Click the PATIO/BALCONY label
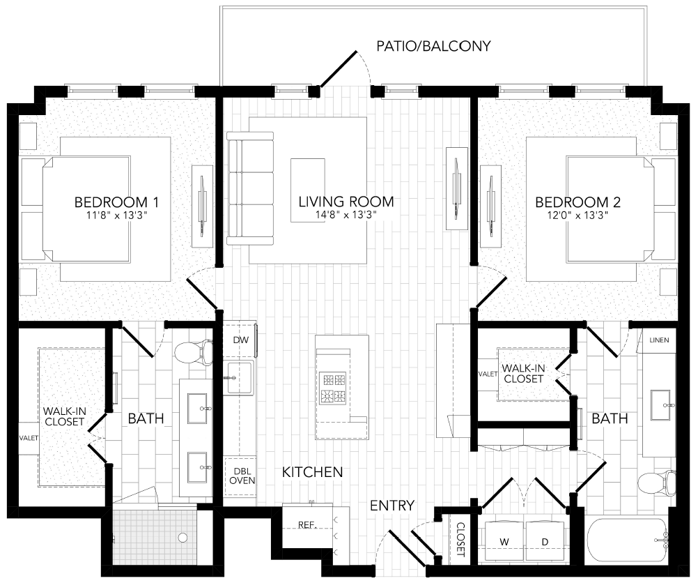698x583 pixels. [433, 47]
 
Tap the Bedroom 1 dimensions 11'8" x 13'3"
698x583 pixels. [117, 215]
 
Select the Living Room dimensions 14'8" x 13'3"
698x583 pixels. [346, 215]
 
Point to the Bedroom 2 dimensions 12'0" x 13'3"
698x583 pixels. [577, 215]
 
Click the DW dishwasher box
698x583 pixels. [240, 340]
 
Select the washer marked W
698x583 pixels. [504, 541]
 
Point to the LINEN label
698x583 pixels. [658, 340]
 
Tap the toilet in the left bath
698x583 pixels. [194, 351]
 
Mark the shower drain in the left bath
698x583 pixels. [183, 538]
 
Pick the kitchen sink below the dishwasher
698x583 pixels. [240, 378]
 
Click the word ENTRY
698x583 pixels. [392, 506]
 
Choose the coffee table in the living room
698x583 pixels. [308, 180]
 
